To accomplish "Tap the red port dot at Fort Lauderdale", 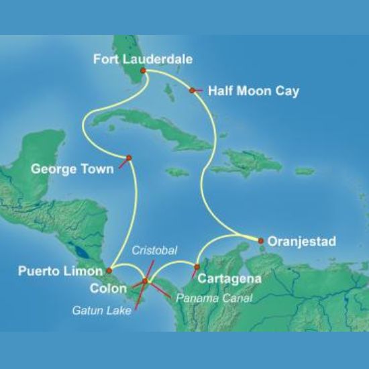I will (143, 70).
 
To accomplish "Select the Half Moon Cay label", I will (244, 89).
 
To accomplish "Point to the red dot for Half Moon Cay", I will (193, 90).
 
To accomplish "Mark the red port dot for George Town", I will (128, 158).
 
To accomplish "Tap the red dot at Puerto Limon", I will (108, 270).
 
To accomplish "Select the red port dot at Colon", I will (145, 280).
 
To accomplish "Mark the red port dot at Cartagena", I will (196, 268).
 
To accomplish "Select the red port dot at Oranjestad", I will (260, 240).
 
